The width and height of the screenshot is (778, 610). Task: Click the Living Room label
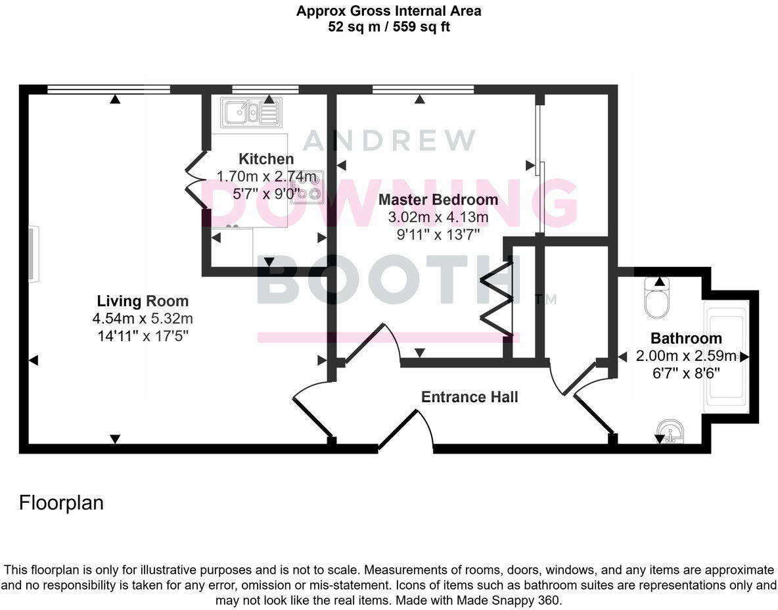pos(143,302)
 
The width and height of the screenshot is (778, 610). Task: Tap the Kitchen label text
pos(266,159)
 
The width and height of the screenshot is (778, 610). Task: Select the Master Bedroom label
pos(438,200)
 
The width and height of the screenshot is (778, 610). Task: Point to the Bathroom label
pos(686,339)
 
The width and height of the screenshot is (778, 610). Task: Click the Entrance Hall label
pos(469,397)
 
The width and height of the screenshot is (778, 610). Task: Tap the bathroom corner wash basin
pos(670,433)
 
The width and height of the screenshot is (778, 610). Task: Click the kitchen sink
pos(250,112)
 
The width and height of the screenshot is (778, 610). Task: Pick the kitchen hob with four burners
pos(308,186)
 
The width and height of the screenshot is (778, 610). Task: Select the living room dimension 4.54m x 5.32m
pos(143,319)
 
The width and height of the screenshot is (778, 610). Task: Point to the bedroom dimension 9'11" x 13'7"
pos(438,233)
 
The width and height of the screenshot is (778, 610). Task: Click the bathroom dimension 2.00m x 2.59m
pos(686,357)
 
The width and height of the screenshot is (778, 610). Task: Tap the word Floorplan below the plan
pos(62,503)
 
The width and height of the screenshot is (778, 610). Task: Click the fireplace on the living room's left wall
pos(34,254)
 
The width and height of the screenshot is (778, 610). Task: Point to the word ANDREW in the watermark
pos(389,140)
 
